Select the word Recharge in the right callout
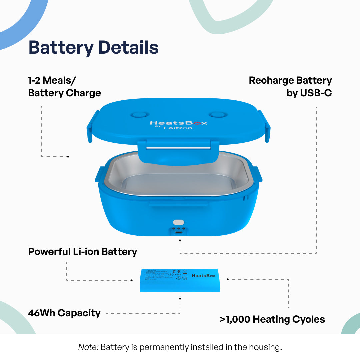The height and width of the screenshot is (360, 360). [270, 80]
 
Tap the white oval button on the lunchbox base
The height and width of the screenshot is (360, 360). [179, 222]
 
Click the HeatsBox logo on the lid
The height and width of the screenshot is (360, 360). [178, 123]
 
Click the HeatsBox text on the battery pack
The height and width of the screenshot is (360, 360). [204, 276]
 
